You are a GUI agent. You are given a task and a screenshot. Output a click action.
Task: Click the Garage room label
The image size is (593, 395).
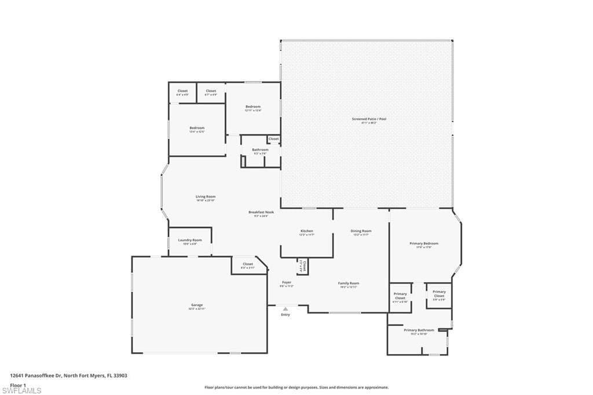click(x=197, y=305)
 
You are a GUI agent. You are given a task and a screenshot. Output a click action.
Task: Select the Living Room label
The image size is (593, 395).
click(x=206, y=197)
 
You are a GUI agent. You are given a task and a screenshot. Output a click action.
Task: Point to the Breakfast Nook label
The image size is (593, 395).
click(x=261, y=213)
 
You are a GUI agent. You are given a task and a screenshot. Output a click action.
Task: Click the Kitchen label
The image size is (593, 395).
click(x=306, y=231)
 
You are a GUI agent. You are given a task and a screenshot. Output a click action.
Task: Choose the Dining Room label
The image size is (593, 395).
click(x=361, y=231)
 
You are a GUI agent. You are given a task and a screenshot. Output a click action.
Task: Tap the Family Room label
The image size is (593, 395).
click(x=349, y=283)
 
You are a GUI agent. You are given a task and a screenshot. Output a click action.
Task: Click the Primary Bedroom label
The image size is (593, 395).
click(x=424, y=244)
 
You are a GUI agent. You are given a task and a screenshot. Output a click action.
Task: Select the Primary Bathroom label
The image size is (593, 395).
click(x=419, y=330)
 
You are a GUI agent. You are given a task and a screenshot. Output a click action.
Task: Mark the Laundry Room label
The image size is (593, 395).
click(x=190, y=240)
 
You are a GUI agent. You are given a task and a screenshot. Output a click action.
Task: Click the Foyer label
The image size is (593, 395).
click(x=287, y=283)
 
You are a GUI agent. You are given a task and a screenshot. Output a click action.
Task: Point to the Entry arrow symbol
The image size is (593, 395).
click(x=285, y=309)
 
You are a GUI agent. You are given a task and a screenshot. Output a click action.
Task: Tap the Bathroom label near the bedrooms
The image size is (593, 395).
click(x=260, y=150)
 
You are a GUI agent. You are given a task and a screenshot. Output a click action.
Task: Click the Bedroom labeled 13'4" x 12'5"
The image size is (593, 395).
click(x=197, y=128)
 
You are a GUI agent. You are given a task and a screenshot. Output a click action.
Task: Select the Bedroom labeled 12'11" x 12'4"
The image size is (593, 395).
click(x=253, y=107)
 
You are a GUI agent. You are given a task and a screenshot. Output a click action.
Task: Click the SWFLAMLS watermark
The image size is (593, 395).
click(x=22, y=391)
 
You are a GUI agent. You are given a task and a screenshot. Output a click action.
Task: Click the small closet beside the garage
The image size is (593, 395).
click(x=247, y=265)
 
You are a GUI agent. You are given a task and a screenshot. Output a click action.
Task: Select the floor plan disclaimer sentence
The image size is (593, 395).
click(x=296, y=387)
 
